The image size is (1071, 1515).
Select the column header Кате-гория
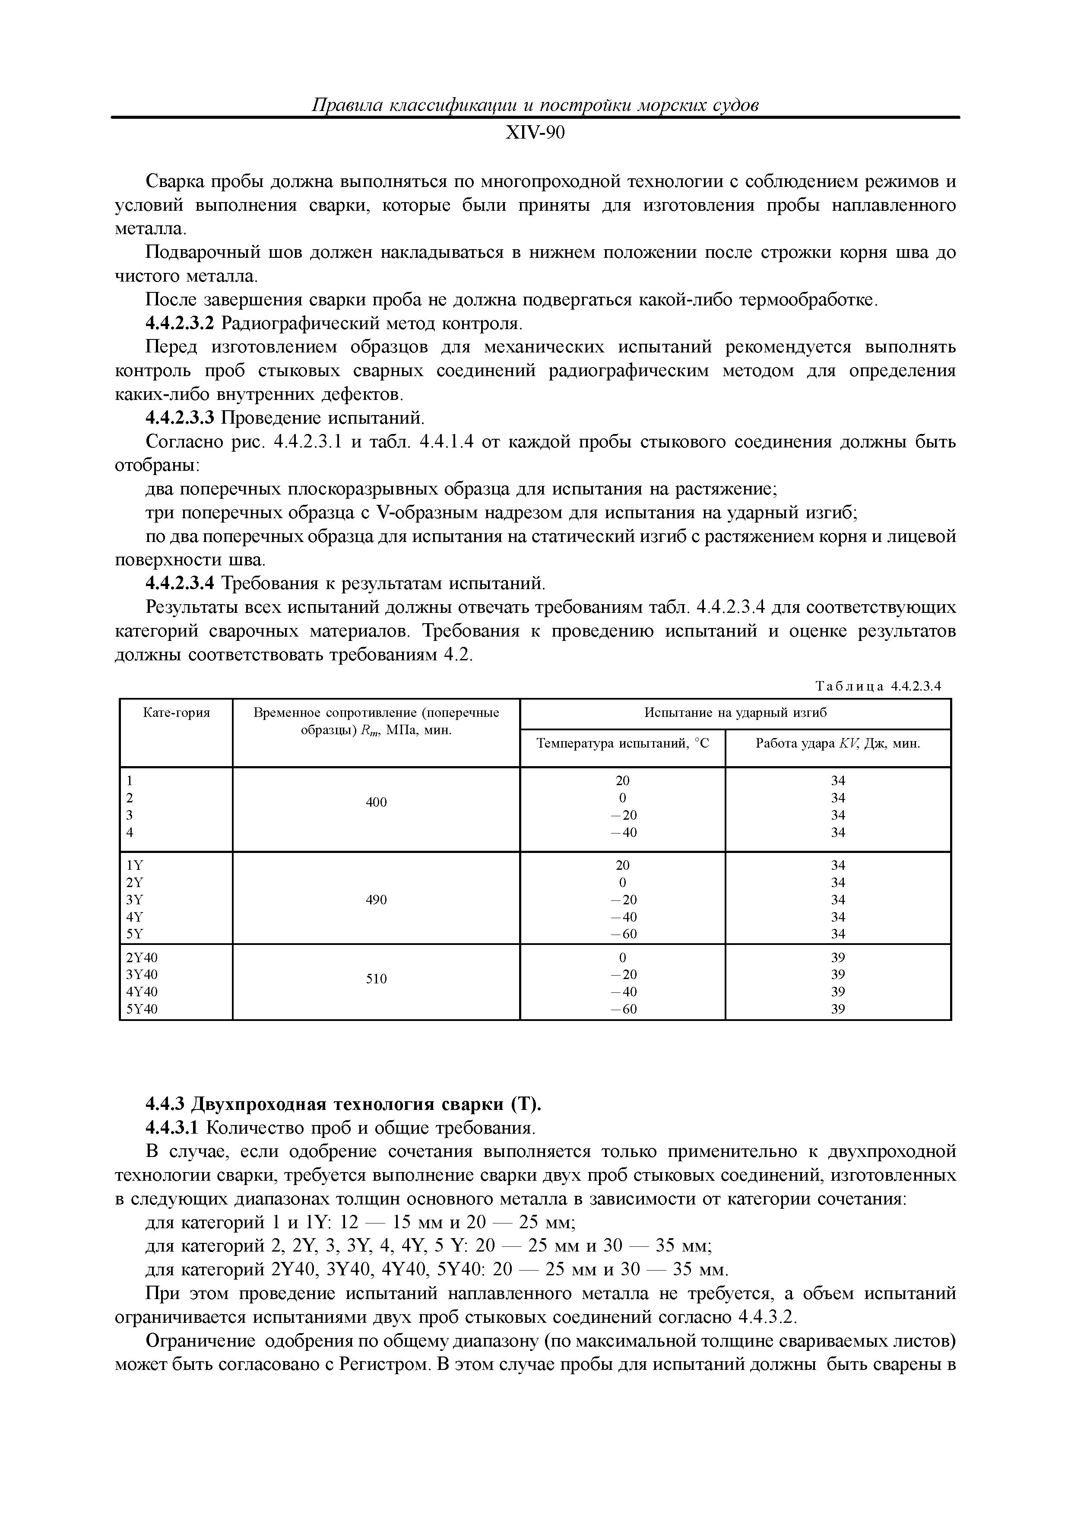tap(176, 713)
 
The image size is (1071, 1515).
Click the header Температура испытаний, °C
tap(622, 744)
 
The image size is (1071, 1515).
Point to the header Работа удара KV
tap(837, 744)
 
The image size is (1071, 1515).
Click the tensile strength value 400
tap(376, 802)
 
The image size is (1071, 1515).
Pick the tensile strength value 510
tap(376, 979)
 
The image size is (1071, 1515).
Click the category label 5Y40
tap(142, 1009)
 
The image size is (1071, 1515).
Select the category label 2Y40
tap(142, 957)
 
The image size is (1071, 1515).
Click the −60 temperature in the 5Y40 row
tap(622, 1009)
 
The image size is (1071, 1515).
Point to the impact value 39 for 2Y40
tap(837, 957)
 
